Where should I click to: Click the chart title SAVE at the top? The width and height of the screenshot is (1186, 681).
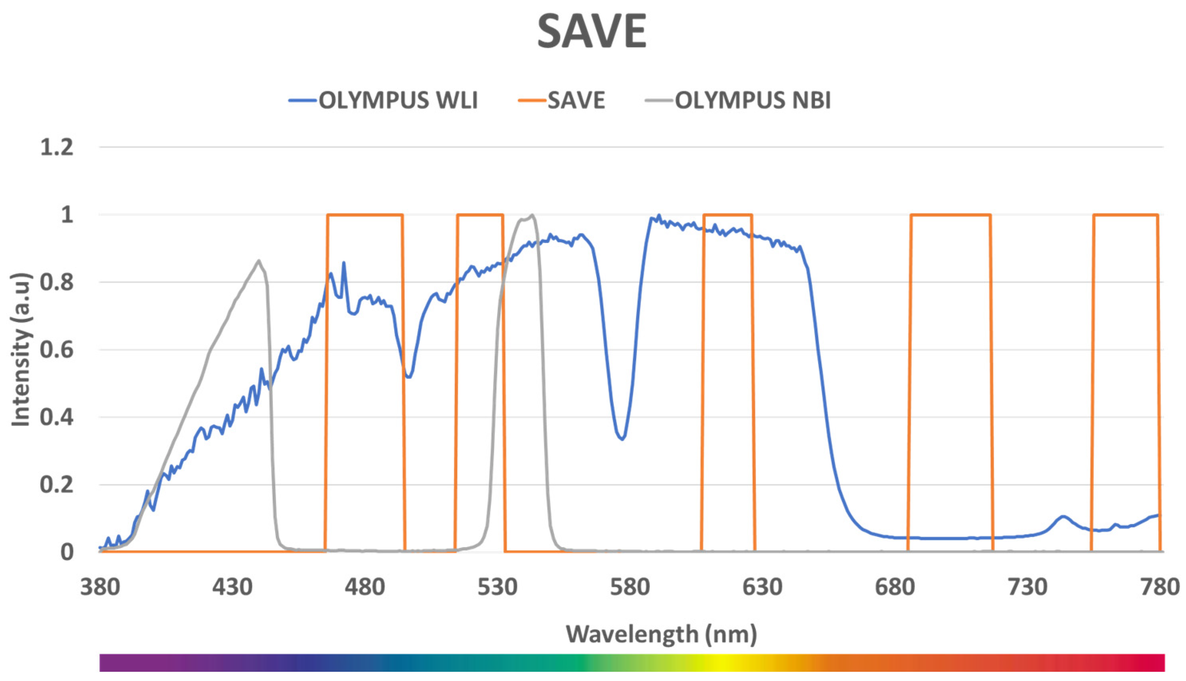pos(592,32)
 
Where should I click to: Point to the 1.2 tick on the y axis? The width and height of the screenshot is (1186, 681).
pos(57,148)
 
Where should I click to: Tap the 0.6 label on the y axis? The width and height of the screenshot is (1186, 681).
pos(57,350)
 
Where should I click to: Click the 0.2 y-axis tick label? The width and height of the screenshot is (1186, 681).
pos(57,485)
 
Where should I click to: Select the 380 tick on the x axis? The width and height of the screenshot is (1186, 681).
pos(100,587)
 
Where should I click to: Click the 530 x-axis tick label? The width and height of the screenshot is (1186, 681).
pos(497,587)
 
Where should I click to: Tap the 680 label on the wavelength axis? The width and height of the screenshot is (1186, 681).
pos(895,587)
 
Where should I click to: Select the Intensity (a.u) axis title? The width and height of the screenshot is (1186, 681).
pos(21,350)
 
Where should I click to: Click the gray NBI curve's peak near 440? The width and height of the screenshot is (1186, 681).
pos(259,261)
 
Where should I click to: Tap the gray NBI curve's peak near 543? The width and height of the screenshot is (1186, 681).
pos(532,215)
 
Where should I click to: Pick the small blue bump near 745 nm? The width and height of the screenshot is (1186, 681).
pos(1063,517)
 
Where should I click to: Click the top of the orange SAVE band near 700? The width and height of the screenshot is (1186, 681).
pos(950,215)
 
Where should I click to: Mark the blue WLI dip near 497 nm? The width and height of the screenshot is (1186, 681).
pos(409,377)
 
